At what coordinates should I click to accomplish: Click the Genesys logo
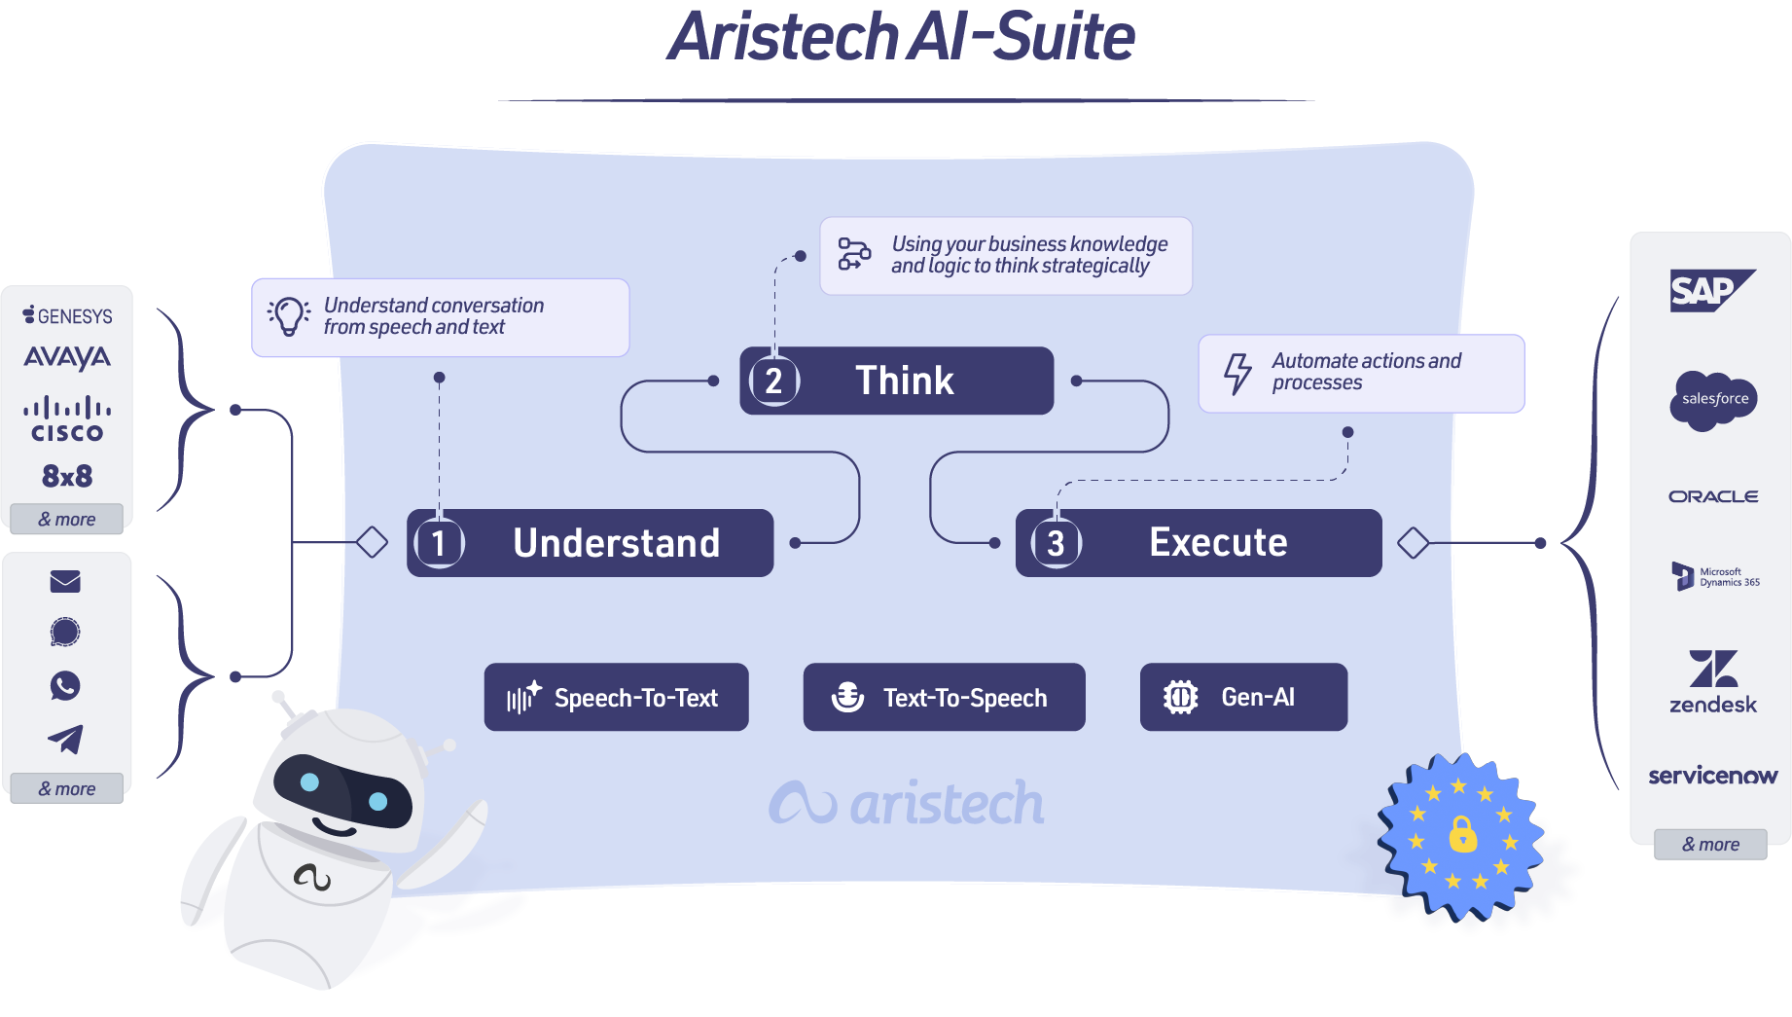click(x=67, y=315)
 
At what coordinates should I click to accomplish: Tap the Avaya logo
click(x=67, y=357)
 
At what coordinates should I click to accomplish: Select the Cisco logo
click(x=67, y=419)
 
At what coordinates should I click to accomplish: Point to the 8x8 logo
click(x=67, y=476)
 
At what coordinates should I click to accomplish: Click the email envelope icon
click(x=65, y=582)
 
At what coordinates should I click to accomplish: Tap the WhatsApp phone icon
click(x=65, y=686)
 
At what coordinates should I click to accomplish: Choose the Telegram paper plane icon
click(x=65, y=740)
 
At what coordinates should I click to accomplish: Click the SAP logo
click(x=1711, y=290)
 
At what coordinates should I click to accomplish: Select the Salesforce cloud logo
click(x=1713, y=399)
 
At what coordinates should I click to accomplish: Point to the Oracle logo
click(x=1713, y=496)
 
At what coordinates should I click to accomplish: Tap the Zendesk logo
click(x=1713, y=681)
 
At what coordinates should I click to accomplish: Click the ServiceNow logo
click(x=1712, y=776)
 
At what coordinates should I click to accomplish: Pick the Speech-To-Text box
click(x=616, y=697)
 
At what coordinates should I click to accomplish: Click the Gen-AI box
click(x=1243, y=697)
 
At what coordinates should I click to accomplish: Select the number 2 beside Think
click(x=773, y=381)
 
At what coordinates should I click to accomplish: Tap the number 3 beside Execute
click(x=1056, y=543)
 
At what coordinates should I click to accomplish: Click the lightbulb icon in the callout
click(x=289, y=316)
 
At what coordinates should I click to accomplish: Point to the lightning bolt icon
click(x=1237, y=373)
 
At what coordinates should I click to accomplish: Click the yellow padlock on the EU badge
click(x=1462, y=834)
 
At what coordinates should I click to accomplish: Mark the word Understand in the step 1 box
click(x=616, y=543)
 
